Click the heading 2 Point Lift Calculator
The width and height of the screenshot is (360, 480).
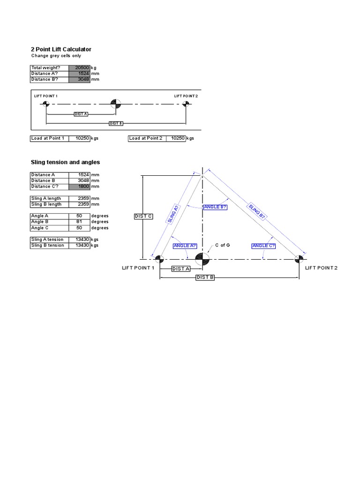(x=61, y=49)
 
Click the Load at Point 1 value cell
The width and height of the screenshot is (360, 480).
(x=80, y=138)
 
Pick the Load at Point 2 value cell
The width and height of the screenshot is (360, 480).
(x=176, y=138)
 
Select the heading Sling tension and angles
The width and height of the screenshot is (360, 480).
(x=65, y=162)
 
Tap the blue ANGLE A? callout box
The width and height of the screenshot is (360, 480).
(x=185, y=246)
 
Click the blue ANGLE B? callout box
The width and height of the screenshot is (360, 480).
(x=215, y=207)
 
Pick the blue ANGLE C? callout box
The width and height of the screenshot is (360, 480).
(x=263, y=246)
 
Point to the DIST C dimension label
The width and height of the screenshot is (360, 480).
(x=143, y=216)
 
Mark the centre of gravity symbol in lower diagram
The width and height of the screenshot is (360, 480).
(x=202, y=258)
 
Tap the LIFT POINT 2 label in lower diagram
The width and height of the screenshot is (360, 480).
(x=321, y=268)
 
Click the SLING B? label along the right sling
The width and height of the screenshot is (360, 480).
(x=257, y=211)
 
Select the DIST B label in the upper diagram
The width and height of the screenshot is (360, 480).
(x=116, y=123)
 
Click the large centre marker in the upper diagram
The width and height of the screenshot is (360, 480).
(x=116, y=104)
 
